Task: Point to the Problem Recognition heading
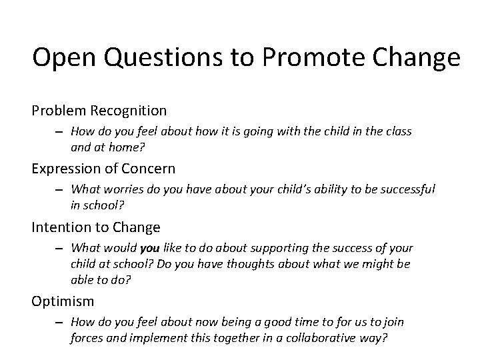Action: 99,109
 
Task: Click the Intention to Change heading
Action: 96,227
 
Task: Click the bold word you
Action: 150,249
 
